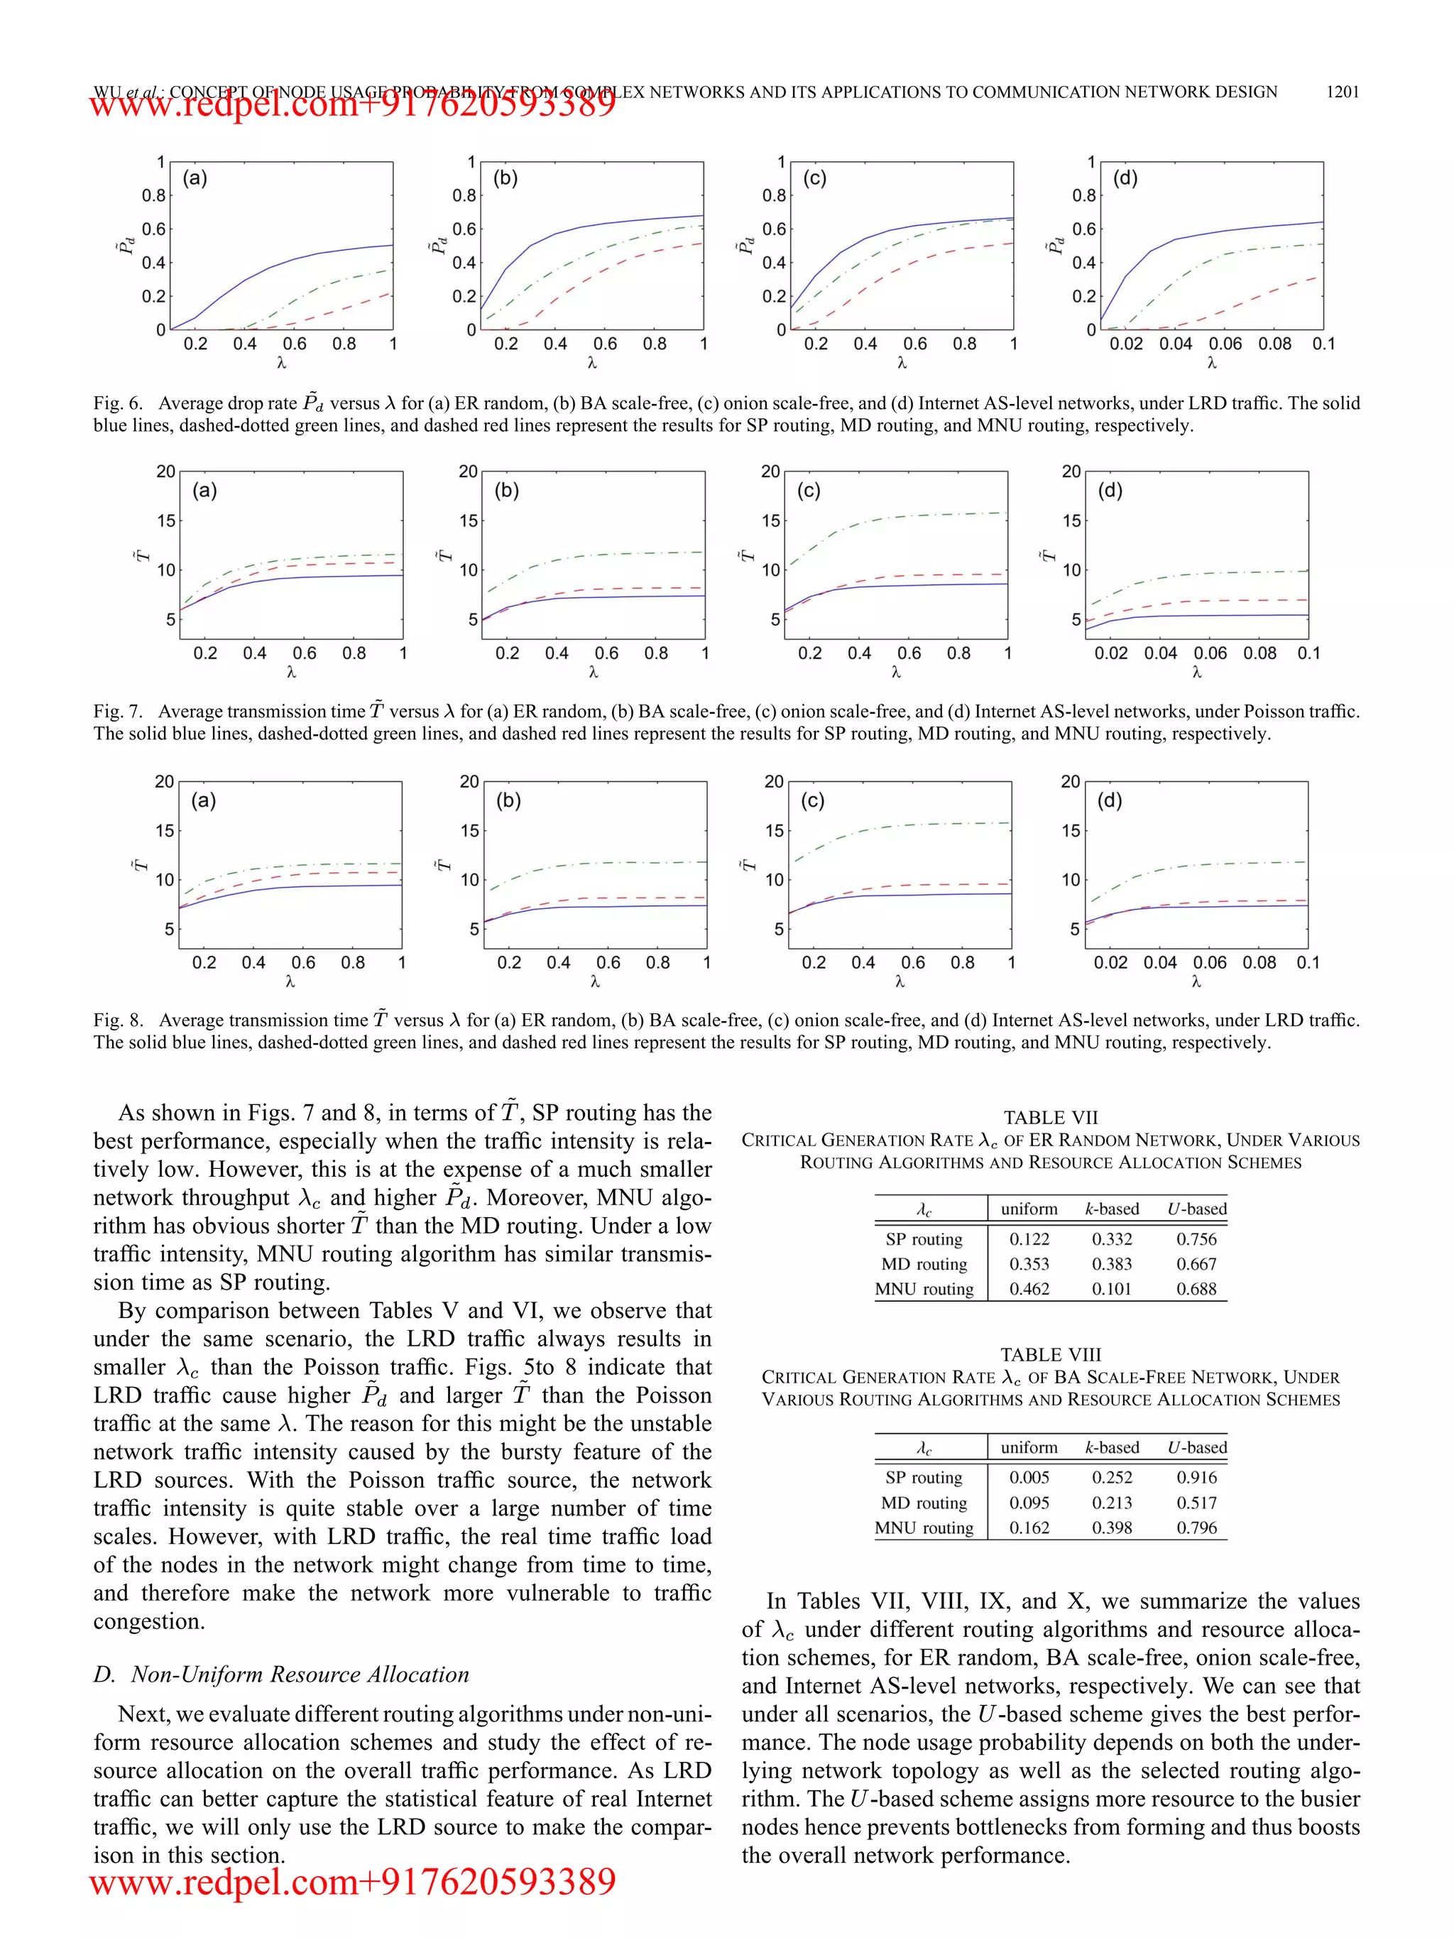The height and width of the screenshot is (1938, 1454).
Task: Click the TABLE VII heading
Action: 1050,1118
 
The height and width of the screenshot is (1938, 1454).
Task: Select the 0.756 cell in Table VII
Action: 1196,1239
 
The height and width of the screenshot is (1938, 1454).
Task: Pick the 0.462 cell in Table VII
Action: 1029,1289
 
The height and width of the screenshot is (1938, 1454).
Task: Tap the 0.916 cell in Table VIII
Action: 1196,1477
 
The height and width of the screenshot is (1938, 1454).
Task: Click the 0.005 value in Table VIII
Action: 1029,1477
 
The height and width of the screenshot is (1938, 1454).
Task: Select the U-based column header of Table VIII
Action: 1196,1447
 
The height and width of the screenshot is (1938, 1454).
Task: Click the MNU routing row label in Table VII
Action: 924,1289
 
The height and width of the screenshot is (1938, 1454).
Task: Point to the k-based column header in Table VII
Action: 1112,1209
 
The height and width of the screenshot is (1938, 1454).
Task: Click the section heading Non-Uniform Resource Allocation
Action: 299,1675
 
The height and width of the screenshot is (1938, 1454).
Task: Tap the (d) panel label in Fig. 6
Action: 1125,179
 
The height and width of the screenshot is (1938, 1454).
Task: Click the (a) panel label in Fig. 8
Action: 203,801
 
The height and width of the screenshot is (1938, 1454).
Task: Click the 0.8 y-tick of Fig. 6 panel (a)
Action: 154,195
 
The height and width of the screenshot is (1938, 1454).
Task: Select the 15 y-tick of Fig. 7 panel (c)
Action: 770,521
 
